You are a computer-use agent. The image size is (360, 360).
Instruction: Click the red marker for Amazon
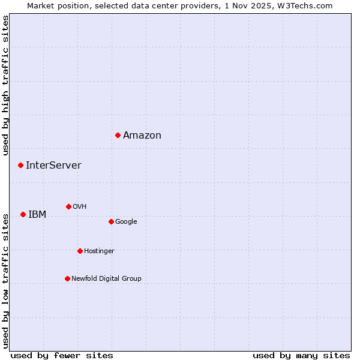pos(118,135)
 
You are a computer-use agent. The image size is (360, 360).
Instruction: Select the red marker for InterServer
pos(20,165)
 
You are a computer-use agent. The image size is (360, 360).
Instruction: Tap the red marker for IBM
pos(23,214)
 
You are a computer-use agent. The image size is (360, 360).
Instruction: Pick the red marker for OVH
pos(68,206)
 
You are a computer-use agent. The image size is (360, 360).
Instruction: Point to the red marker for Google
pos(111,221)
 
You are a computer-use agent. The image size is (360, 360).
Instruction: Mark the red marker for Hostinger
pos(80,251)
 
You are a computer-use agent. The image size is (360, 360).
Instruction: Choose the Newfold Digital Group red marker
pos(67,278)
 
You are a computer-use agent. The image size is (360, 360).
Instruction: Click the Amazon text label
pos(142,136)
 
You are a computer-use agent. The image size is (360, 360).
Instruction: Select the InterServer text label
pos(53,166)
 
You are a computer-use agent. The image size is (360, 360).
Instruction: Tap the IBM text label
pos(37,215)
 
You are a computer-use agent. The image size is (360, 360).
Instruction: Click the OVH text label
pos(80,207)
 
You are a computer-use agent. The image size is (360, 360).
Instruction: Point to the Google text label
pos(126,222)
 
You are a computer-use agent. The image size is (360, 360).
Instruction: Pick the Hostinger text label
pos(99,251)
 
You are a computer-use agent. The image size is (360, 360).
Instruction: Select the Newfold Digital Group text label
pos(106,279)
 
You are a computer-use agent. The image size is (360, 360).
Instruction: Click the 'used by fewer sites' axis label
pos(62,355)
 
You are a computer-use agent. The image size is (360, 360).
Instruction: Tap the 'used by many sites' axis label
pos(301,355)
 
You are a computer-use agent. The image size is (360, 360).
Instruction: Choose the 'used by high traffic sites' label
pos(5,85)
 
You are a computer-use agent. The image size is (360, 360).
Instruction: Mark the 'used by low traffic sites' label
pos(5,280)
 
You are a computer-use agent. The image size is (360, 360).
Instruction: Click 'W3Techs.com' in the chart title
pos(308,5)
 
